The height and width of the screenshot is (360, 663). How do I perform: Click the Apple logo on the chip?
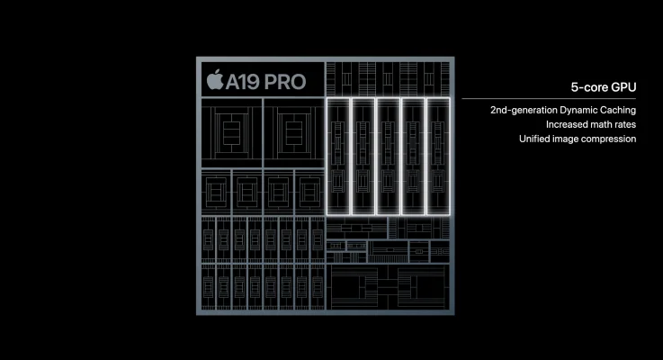(x=215, y=79)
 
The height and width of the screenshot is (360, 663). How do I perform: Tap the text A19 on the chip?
(x=242, y=82)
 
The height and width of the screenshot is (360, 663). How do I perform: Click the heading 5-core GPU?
(x=604, y=87)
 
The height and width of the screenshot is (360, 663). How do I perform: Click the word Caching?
(x=618, y=110)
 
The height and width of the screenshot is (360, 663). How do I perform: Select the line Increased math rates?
(x=591, y=124)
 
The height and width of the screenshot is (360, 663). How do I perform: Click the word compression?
(x=609, y=139)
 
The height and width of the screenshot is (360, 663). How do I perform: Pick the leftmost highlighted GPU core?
(x=338, y=156)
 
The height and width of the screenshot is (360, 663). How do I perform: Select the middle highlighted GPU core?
(x=388, y=156)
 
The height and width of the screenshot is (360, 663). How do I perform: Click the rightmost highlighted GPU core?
(x=438, y=156)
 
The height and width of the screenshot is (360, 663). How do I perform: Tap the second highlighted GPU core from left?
(x=363, y=156)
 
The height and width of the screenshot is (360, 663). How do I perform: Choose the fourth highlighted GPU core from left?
(x=413, y=156)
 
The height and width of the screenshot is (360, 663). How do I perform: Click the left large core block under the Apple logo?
(x=232, y=133)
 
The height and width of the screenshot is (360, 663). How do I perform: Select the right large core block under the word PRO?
(x=294, y=133)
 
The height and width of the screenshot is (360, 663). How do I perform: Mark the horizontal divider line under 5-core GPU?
(x=549, y=99)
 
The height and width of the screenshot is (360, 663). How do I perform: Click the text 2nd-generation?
(x=524, y=110)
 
